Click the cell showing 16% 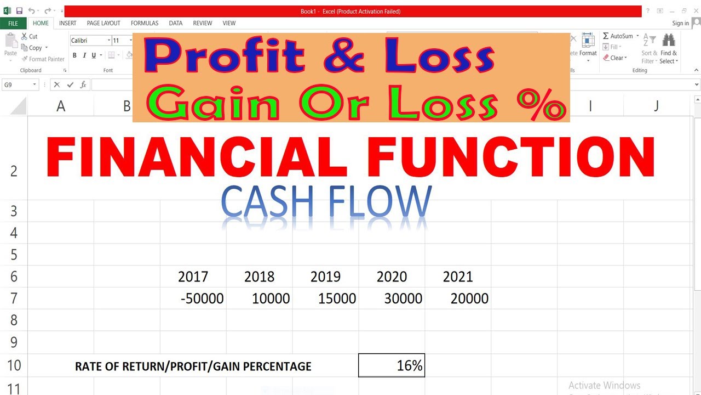[391, 366]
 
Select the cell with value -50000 [202, 298]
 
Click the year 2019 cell [325, 276]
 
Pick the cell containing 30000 [403, 298]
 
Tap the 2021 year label [458, 276]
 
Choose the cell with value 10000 [271, 298]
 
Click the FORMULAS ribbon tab [145, 23]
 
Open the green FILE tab [13, 23]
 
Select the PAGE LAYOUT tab [104, 23]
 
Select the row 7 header [14, 298]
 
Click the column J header [656, 106]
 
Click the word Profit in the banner [225, 55]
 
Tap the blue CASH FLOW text [326, 202]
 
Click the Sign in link [680, 23]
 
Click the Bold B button [75, 55]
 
